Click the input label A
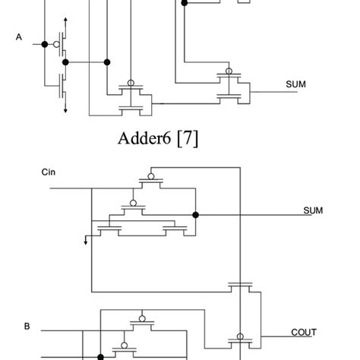pyautogui.click(x=17, y=35)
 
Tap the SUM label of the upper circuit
pyautogui.click(x=296, y=84)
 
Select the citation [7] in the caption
pyautogui.click(x=187, y=139)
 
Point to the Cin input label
pyautogui.click(x=49, y=173)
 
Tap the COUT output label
pyautogui.click(x=305, y=332)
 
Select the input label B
pyautogui.click(x=27, y=327)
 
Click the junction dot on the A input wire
pyautogui.click(x=45, y=44)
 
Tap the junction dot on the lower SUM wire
pyautogui.click(x=196, y=215)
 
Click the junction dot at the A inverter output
pyautogui.click(x=108, y=62)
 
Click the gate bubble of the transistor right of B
pyautogui.click(x=141, y=319)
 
